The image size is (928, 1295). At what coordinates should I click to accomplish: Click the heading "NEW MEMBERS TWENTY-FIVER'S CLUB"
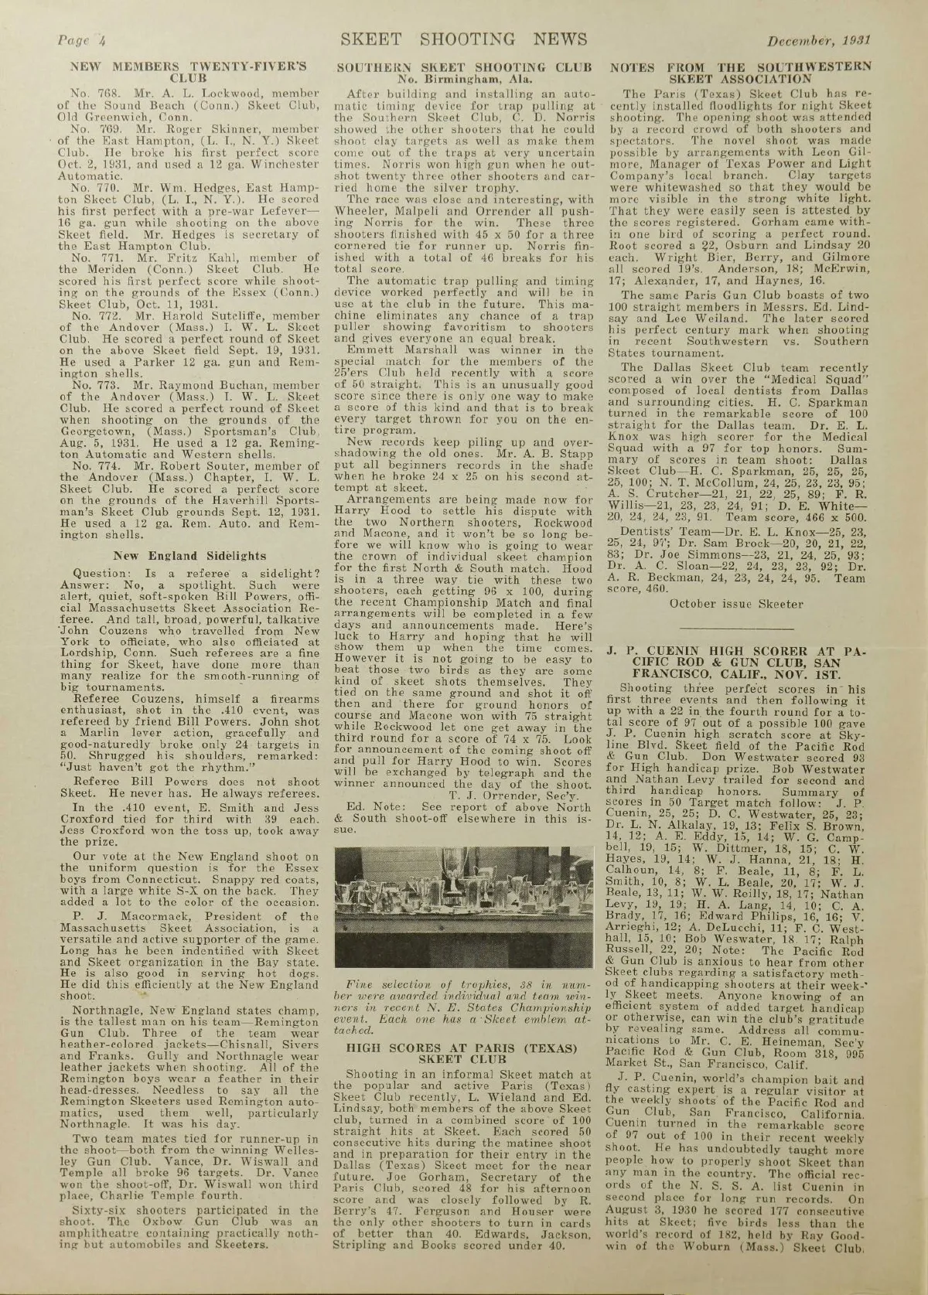[x=189, y=72]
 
